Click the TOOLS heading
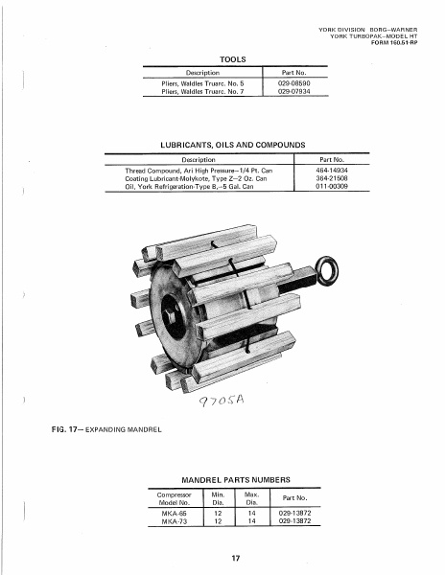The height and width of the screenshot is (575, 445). coord(234,59)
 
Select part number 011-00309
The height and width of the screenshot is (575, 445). coord(332,187)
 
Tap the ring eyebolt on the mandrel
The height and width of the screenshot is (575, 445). coord(333,274)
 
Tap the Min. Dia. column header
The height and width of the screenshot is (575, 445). coord(218,496)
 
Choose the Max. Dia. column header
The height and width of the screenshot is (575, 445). coord(253,496)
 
